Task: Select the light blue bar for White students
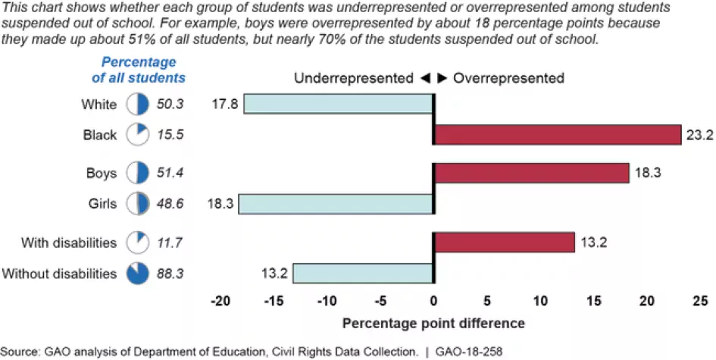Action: (338, 104)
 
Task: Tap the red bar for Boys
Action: (531, 174)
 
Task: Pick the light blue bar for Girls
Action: (336, 204)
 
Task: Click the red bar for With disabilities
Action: (504, 243)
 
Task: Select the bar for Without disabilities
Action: (363, 273)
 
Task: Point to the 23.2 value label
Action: (695, 135)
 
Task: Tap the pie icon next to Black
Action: (136, 135)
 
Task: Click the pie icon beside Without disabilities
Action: (136, 273)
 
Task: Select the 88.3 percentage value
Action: (170, 273)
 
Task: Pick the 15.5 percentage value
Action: (170, 135)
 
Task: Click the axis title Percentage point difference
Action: (433, 324)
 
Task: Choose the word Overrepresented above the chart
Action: (509, 78)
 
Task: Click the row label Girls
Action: (101, 204)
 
